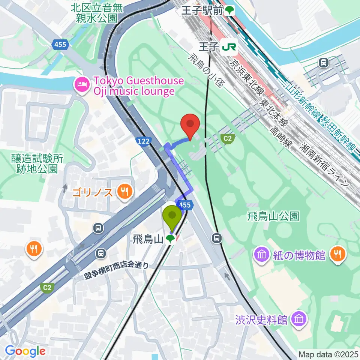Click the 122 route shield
[143, 141]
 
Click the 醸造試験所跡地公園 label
[37, 163]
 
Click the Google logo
[25, 351]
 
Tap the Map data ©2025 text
[328, 354]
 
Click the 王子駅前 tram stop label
[203, 11]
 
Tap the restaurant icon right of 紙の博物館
[338, 255]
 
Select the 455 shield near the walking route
[184, 205]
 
